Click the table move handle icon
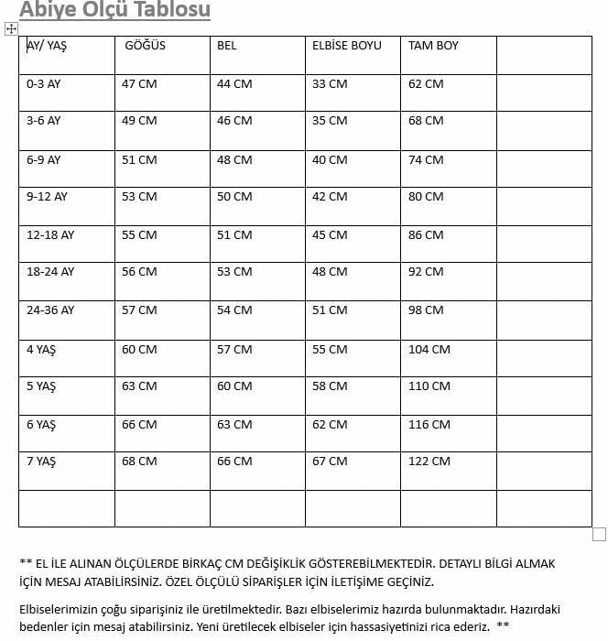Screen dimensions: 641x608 click(x=12, y=29)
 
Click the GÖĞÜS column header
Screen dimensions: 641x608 click(x=145, y=45)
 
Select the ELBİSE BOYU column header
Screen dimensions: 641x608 click(x=347, y=45)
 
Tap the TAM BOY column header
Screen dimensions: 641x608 click(x=433, y=45)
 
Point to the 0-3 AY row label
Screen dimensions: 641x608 click(x=43, y=83)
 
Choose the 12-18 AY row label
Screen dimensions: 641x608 click(x=50, y=234)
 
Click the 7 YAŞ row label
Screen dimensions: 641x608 click(x=41, y=461)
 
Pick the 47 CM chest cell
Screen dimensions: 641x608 click(x=139, y=83)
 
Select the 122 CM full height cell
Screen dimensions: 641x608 click(x=429, y=461)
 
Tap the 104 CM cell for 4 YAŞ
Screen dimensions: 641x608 click(x=429, y=349)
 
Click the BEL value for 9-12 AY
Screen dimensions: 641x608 click(x=234, y=196)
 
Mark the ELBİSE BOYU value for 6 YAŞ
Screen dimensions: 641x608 click(x=330, y=424)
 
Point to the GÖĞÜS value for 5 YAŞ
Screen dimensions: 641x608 click(x=139, y=386)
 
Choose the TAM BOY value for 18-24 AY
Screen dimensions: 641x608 click(x=426, y=271)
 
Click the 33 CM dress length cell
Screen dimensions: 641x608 click(x=330, y=83)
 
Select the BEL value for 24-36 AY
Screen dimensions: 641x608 click(x=234, y=310)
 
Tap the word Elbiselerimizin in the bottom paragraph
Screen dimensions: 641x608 click(x=60, y=607)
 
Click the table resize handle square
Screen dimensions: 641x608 click(x=600, y=534)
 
